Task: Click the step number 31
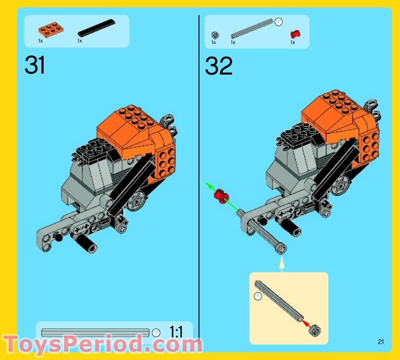(x=35, y=65)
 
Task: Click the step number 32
(x=219, y=66)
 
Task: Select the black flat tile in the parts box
(x=96, y=28)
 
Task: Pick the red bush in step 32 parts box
(x=295, y=35)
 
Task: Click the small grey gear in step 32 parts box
(x=215, y=35)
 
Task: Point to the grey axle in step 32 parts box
(x=252, y=29)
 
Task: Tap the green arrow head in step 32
(x=207, y=185)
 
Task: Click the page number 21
(x=381, y=342)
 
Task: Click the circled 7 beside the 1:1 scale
(x=156, y=332)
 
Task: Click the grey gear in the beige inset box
(x=316, y=330)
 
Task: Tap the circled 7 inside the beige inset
(x=258, y=296)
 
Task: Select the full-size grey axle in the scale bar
(x=95, y=332)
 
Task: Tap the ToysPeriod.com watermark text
(x=103, y=345)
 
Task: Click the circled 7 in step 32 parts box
(x=279, y=22)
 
